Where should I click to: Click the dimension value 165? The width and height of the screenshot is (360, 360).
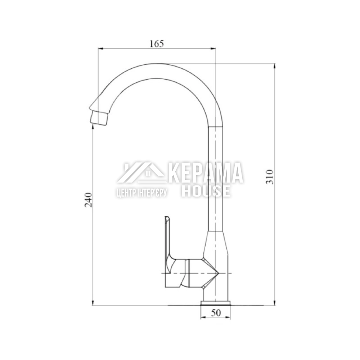(x=157, y=44)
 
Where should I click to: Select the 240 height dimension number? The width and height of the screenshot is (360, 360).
(x=89, y=200)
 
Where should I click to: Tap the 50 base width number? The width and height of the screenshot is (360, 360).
(x=216, y=313)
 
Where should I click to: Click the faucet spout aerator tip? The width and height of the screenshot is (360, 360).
(x=99, y=118)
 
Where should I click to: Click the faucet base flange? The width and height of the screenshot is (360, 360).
(x=216, y=303)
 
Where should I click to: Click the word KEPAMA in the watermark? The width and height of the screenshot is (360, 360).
(x=206, y=173)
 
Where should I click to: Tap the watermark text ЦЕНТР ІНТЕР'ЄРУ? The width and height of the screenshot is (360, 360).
(x=141, y=193)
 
